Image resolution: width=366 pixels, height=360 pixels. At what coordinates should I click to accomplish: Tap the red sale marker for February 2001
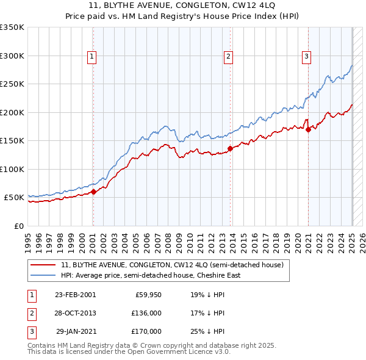coord(93,192)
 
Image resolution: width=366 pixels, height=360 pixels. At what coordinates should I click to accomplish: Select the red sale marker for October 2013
coord(230,148)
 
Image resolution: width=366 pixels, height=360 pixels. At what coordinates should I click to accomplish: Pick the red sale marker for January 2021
coord(309,129)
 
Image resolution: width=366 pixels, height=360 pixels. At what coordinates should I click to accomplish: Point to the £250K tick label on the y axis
coord(12,84)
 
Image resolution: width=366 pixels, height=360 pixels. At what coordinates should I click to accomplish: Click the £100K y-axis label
coord(12,169)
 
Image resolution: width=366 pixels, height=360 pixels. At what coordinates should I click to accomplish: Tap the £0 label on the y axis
coord(18,226)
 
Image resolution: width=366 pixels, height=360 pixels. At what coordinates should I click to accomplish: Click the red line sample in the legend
coord(43,265)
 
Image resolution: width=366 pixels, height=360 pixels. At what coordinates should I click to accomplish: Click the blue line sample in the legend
coord(43,275)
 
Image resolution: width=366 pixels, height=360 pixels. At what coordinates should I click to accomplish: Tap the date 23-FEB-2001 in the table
coord(75,295)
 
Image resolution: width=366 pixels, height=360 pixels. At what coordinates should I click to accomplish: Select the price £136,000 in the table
coord(146,313)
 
